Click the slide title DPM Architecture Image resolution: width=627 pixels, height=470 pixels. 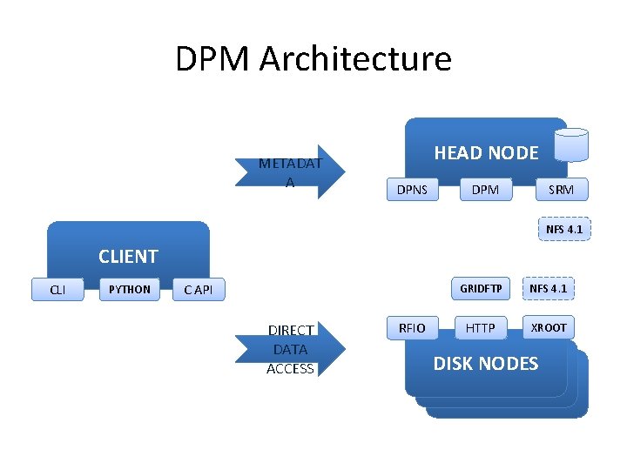pyautogui.click(x=313, y=59)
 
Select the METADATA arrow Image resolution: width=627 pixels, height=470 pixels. pyautogui.click(x=291, y=171)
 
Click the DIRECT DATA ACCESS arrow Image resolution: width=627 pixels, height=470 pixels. pyautogui.click(x=291, y=349)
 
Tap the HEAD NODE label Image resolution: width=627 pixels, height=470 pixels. pyautogui.click(x=486, y=153)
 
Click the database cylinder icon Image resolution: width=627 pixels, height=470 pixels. pyautogui.click(x=573, y=145)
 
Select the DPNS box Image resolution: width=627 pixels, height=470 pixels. pyautogui.click(x=412, y=189)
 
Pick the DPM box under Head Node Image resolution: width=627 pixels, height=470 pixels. pyautogui.click(x=485, y=189)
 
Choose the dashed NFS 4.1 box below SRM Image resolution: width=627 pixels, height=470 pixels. pyautogui.click(x=563, y=230)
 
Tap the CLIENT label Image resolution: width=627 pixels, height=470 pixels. pyautogui.click(x=128, y=257)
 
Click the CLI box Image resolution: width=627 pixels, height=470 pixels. pyautogui.click(x=57, y=290)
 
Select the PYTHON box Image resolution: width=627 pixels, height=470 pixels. pyautogui.click(x=129, y=290)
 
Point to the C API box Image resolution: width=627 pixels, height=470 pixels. pyautogui.click(x=198, y=290)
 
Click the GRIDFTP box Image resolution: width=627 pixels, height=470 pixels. pyautogui.click(x=481, y=288)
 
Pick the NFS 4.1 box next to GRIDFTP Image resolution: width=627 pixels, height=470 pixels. pyautogui.click(x=549, y=288)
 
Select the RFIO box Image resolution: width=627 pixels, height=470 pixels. pyautogui.click(x=412, y=327)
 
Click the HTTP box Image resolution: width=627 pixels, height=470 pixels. pyautogui.click(x=480, y=327)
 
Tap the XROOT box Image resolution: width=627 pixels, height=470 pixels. pyautogui.click(x=549, y=327)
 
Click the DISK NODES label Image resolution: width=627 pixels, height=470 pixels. pyautogui.click(x=486, y=364)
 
